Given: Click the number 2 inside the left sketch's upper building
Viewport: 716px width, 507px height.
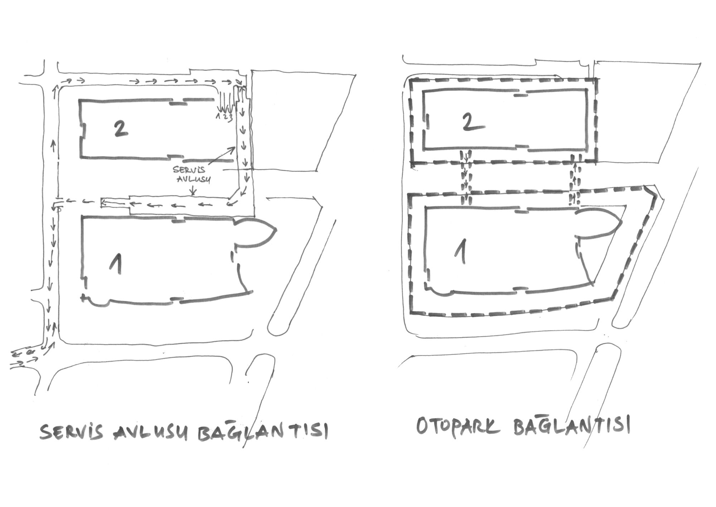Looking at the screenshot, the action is tap(121, 129).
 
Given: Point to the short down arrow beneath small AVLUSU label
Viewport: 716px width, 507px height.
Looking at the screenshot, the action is tap(193, 191).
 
